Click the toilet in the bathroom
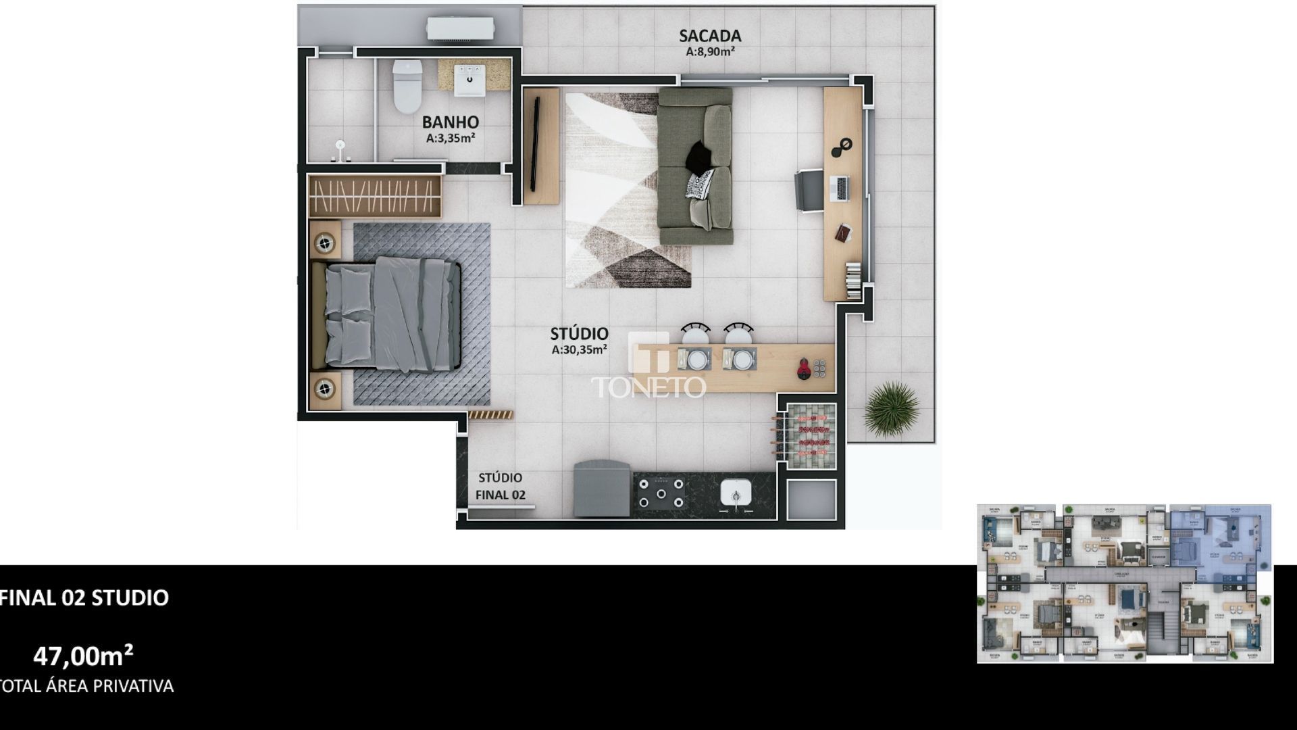407,88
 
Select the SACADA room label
710,35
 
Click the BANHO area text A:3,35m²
451,138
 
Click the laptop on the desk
840,187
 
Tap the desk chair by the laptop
808,190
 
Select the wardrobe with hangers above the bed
376,196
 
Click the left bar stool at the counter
696,334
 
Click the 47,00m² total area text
83,656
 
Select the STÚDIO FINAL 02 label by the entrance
500,486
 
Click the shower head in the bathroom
341,145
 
